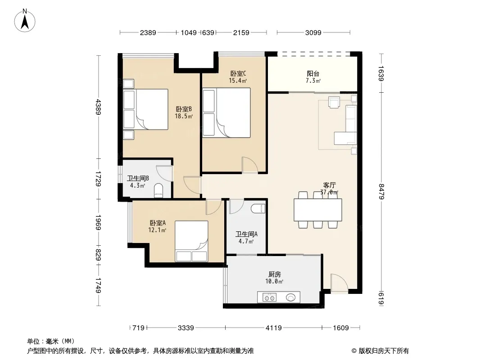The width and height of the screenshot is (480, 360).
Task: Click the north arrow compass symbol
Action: [25, 21]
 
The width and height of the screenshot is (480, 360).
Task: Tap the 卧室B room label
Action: [184, 109]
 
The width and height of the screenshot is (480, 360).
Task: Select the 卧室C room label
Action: [238, 74]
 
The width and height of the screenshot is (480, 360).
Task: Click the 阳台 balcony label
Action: [313, 74]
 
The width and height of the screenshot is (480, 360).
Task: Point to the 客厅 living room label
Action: [330, 185]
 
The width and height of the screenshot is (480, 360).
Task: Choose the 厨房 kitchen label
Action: [274, 274]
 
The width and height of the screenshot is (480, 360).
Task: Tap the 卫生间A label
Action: [246, 234]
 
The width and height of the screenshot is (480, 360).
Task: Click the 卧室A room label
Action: [157, 223]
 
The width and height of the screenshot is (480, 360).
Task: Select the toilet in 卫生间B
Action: [158, 190]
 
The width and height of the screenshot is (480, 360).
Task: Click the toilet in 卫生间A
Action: [258, 209]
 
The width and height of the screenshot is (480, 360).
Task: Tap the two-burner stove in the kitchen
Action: [269, 297]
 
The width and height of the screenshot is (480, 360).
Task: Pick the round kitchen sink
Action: [290, 297]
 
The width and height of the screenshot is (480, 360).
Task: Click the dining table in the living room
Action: [318, 210]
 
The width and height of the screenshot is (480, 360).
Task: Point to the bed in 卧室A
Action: [191, 241]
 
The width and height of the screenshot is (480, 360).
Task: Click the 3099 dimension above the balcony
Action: [313, 32]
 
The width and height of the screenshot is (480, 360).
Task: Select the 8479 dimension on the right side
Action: [381, 191]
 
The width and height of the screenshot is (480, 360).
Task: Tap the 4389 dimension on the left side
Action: [98, 107]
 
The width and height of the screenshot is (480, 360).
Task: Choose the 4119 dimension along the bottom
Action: [273, 328]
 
